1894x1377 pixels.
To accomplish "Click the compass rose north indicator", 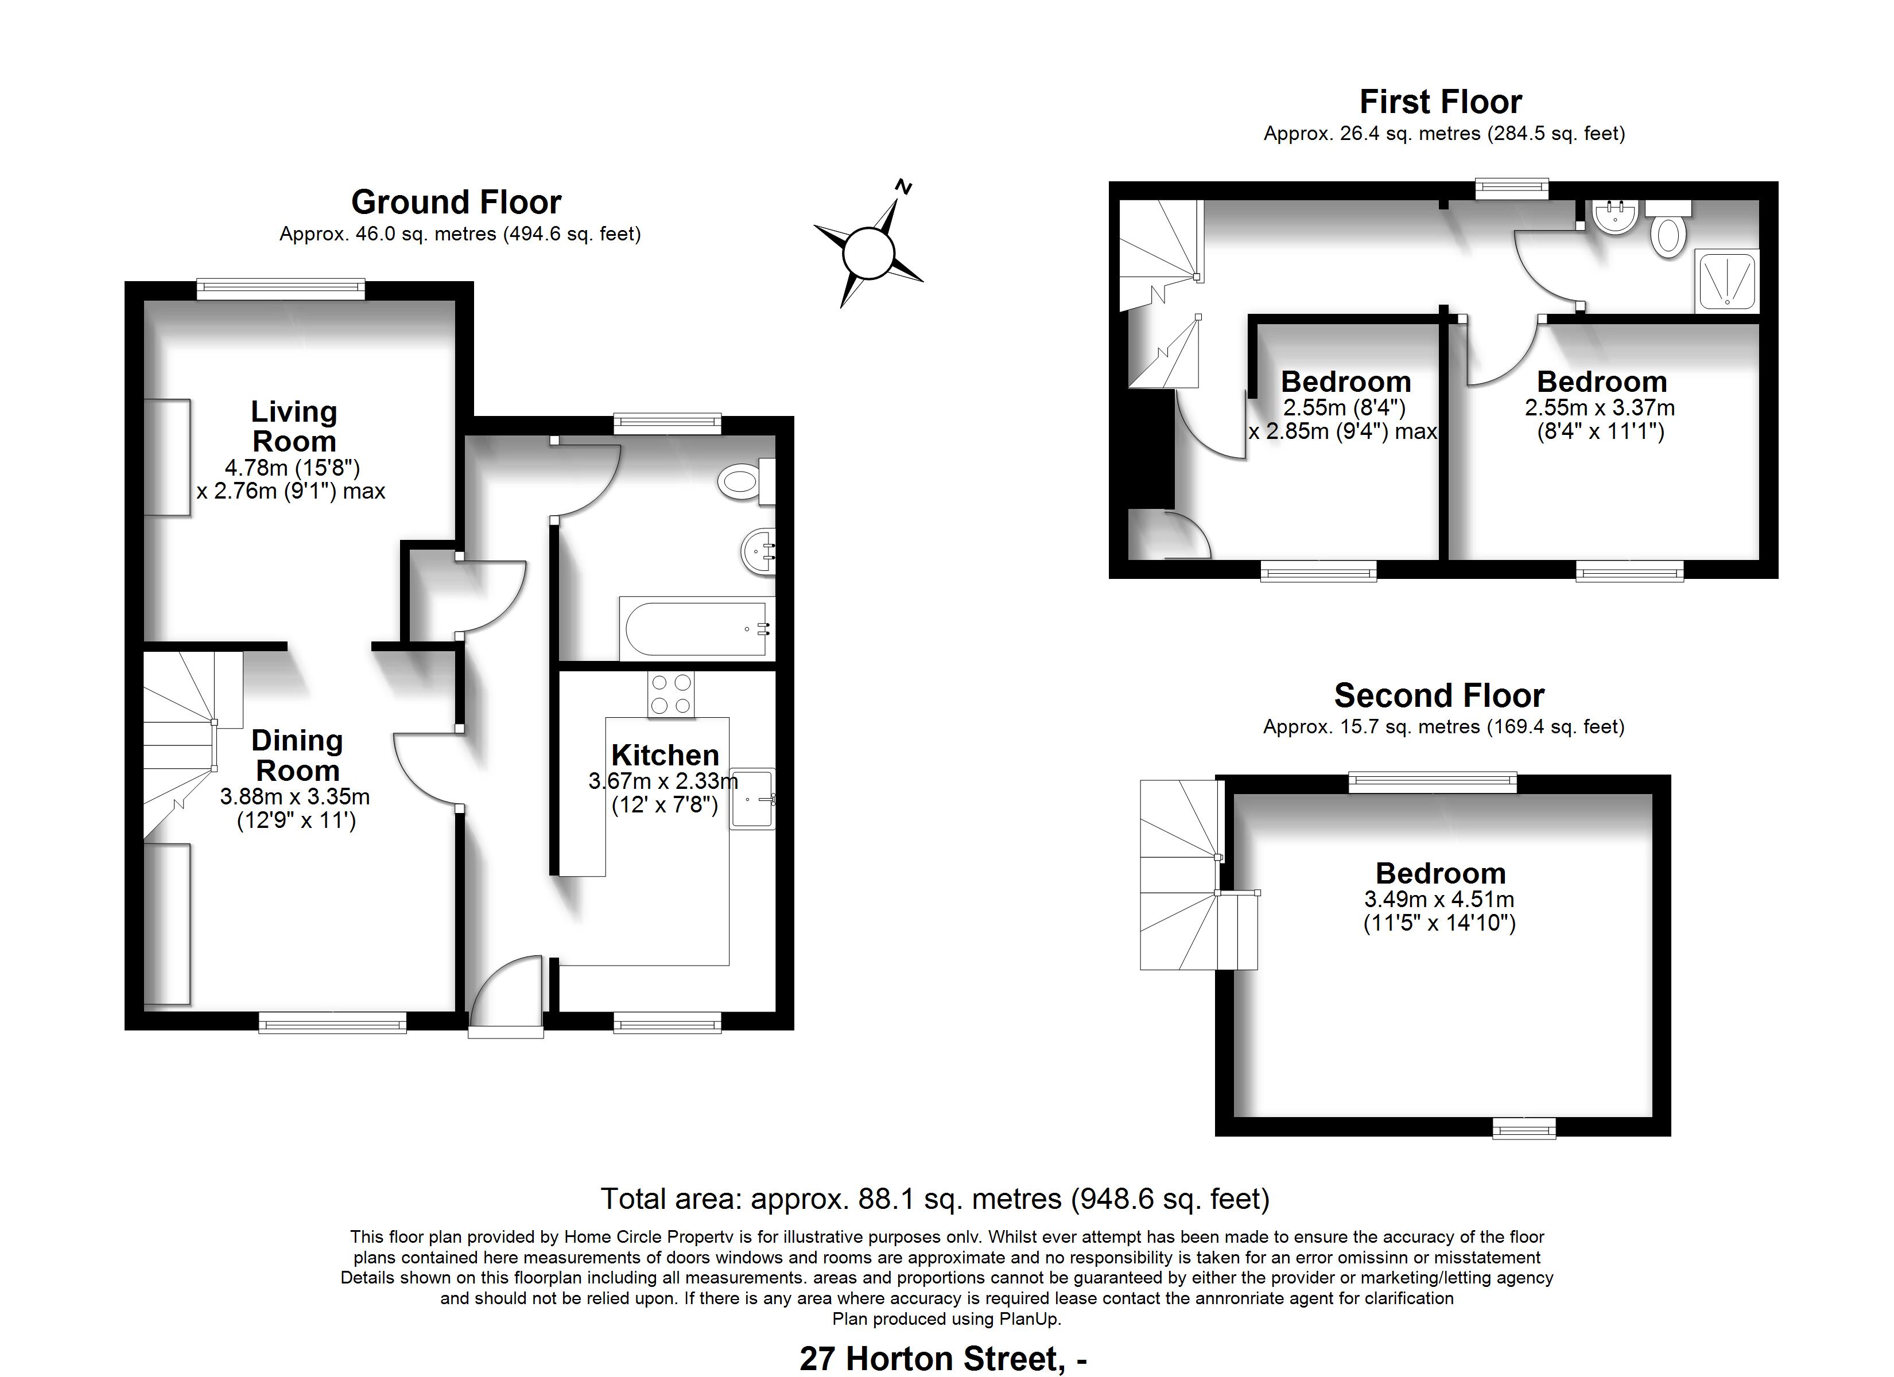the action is tap(903, 186).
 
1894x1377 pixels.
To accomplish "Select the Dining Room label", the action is tap(297, 755).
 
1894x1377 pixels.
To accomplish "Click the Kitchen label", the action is tap(665, 755).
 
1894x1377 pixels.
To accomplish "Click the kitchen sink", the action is tap(753, 798).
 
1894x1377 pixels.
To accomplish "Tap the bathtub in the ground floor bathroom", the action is tap(696, 628).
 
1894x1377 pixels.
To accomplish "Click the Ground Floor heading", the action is tap(456, 202).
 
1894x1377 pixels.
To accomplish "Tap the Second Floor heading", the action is tap(1439, 695).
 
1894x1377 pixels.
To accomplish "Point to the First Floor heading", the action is tap(1441, 102).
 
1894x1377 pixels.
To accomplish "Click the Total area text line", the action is tap(936, 1199).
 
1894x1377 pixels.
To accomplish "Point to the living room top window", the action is tap(281, 289).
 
